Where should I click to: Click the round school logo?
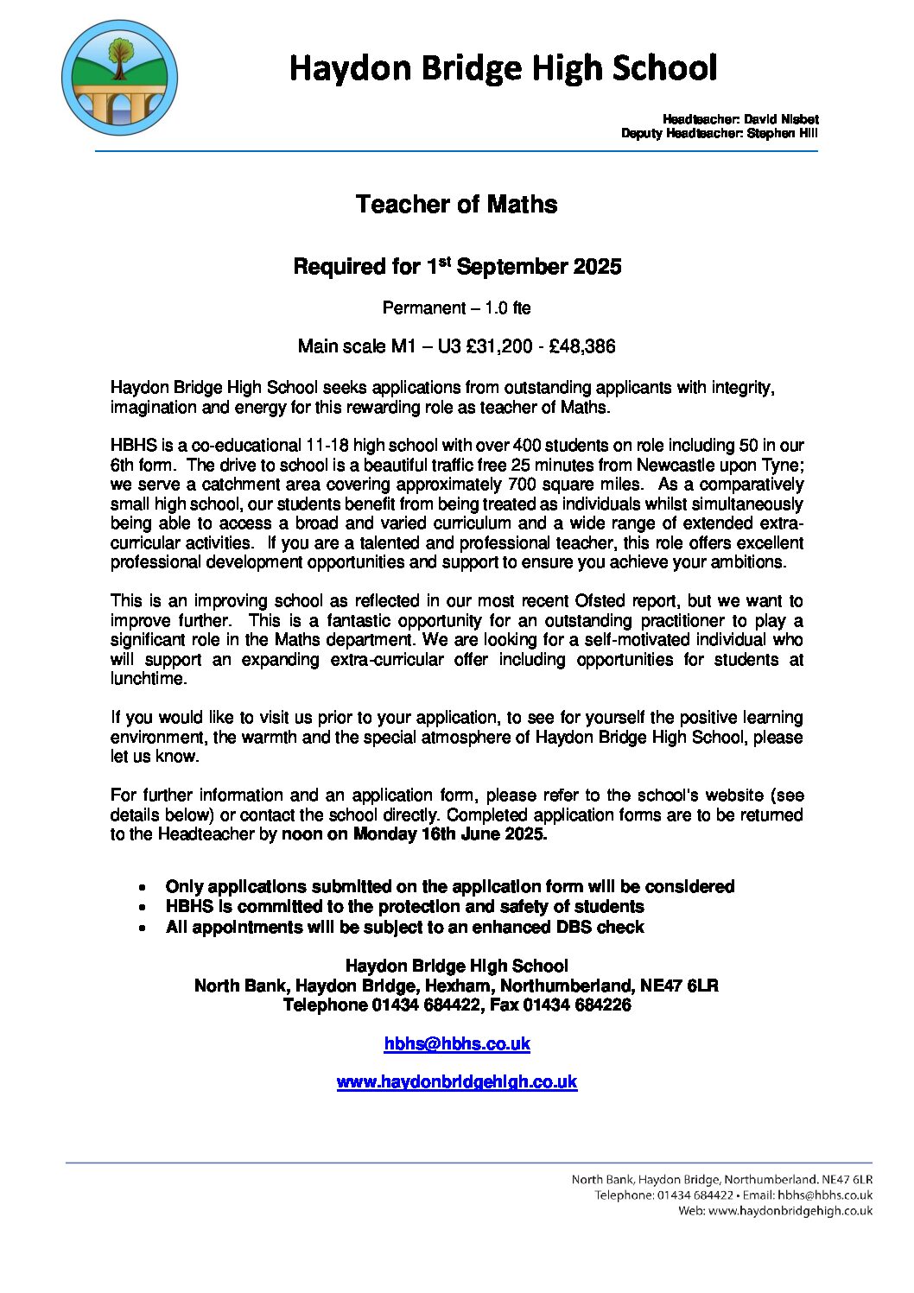(x=120, y=78)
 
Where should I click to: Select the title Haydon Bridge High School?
(x=503, y=68)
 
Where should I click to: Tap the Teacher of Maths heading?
(x=456, y=205)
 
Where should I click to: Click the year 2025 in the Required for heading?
(x=597, y=267)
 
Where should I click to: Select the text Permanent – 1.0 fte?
(x=456, y=308)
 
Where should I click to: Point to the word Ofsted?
(x=597, y=601)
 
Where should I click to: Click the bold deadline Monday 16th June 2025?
(x=449, y=834)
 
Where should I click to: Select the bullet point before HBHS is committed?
(x=141, y=908)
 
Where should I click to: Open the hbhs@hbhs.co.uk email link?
(x=457, y=1044)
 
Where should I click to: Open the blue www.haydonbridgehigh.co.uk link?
(x=457, y=1082)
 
